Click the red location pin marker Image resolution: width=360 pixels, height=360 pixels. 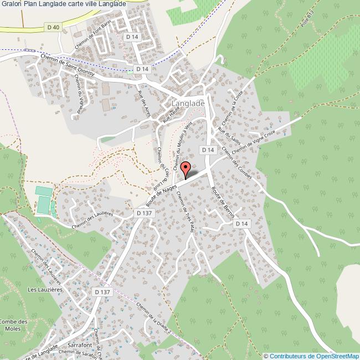pos(186,169)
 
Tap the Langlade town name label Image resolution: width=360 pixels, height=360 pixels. pos(188,103)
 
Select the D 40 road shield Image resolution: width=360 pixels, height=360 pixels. pos(53,27)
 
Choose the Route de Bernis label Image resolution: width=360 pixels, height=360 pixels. pos(223,201)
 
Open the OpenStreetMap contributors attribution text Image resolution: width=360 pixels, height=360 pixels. pos(312,356)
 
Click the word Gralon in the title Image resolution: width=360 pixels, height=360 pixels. pos(11,3)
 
